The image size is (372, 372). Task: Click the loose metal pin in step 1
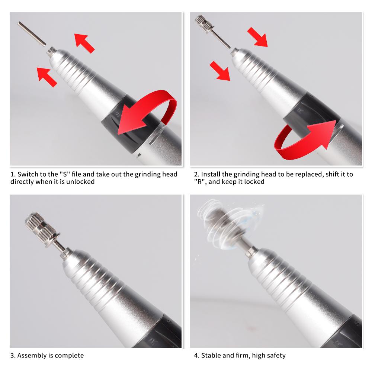point(31,33)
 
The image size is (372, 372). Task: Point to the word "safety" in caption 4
point(275,355)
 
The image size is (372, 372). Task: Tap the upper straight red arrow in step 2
point(257,37)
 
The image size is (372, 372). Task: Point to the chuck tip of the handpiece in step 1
point(51,51)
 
